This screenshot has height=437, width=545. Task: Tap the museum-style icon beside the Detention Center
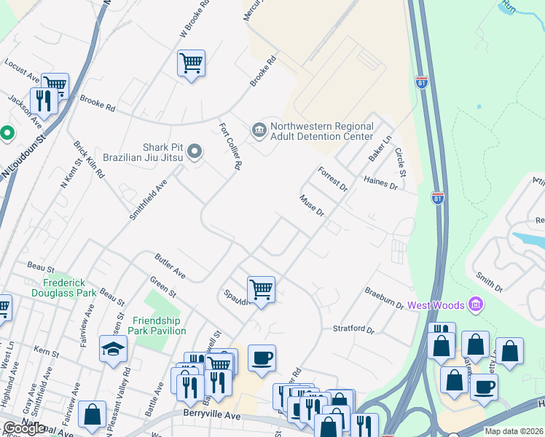[x=259, y=130]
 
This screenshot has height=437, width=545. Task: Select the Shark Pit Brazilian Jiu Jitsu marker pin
[x=195, y=151]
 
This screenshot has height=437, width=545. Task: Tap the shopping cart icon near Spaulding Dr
[x=261, y=289]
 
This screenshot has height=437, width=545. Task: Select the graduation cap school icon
[x=114, y=350]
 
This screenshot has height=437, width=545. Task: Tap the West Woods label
[x=436, y=304]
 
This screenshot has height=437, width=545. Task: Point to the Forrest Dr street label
[x=333, y=178]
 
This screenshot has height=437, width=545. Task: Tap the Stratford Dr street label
[x=353, y=329]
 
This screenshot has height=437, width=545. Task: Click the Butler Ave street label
[x=170, y=266]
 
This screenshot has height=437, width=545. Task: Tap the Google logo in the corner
[x=25, y=428]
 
